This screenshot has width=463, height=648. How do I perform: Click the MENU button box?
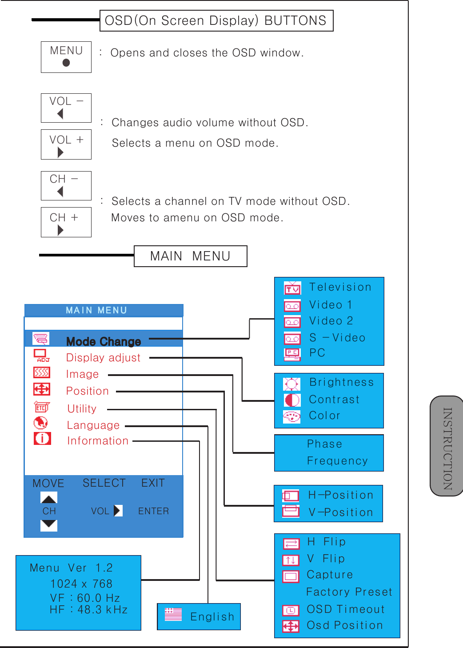point(66,57)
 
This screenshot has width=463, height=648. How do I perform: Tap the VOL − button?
point(66,108)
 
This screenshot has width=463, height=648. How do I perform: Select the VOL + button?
point(66,144)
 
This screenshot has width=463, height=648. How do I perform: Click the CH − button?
point(66,186)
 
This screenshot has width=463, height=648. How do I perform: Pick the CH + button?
point(66,222)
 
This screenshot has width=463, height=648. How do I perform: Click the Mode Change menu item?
point(104,341)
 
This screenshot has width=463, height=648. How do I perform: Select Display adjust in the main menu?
point(103,358)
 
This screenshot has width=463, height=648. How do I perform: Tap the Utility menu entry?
point(82,409)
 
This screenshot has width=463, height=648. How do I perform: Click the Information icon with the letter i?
point(42,439)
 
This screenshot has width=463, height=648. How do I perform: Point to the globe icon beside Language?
point(41,423)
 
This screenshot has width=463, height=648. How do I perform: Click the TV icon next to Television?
point(292,288)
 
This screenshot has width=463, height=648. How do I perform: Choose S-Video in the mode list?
point(337,338)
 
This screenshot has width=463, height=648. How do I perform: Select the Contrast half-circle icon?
point(292,400)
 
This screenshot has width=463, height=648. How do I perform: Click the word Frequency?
point(337,461)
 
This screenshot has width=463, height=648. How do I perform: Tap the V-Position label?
point(341,512)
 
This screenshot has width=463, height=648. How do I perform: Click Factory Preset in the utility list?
point(349,592)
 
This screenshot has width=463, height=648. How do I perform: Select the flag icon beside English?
point(173,614)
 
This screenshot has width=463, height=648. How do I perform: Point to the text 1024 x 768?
point(81,584)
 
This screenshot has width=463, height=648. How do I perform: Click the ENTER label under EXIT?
point(153,511)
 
